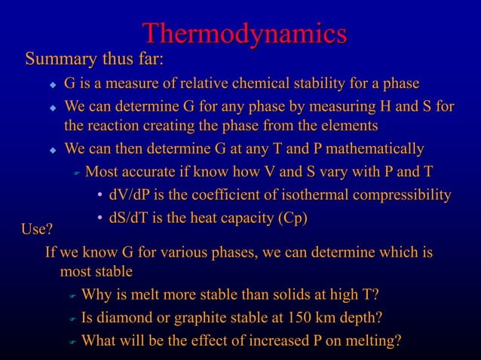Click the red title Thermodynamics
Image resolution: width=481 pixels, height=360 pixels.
click(x=244, y=33)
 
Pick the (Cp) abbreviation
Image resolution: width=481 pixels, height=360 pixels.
click(x=293, y=219)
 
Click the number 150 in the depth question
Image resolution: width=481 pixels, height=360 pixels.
click(x=305, y=317)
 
